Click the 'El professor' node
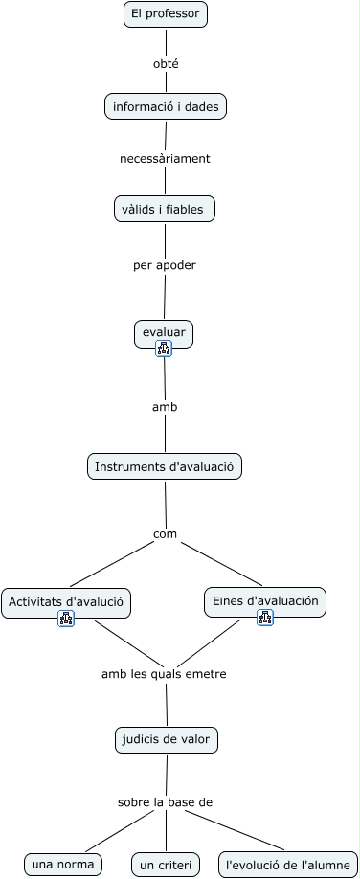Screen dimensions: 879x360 pyautogui.click(x=166, y=14)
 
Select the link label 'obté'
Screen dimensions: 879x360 pyautogui.click(x=166, y=64)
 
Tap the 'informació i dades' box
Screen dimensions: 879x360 pyautogui.click(x=166, y=107)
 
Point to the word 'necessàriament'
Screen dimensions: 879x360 pyautogui.click(x=165, y=158)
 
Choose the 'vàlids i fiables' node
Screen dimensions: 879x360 pyautogui.click(x=164, y=209)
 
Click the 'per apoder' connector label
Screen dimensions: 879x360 pyautogui.click(x=164, y=265)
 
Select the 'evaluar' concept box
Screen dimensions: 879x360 pyautogui.click(x=164, y=332)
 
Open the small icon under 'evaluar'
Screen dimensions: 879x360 pyautogui.click(x=164, y=349)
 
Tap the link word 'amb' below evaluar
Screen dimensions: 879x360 pyautogui.click(x=165, y=407)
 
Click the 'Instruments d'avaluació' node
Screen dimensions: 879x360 pyautogui.click(x=165, y=466)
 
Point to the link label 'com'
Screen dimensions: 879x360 pyautogui.click(x=166, y=533)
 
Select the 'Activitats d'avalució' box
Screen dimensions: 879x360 pyautogui.click(x=66, y=602)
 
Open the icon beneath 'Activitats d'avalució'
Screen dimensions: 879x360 pyautogui.click(x=66, y=619)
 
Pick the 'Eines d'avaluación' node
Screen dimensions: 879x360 pyautogui.click(x=265, y=601)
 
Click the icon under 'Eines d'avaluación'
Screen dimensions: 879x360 pyautogui.click(x=265, y=618)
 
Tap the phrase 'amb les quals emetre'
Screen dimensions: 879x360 pyautogui.click(x=164, y=674)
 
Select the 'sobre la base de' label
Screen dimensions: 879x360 pyautogui.click(x=165, y=801)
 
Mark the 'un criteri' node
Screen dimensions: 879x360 pyautogui.click(x=166, y=866)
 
